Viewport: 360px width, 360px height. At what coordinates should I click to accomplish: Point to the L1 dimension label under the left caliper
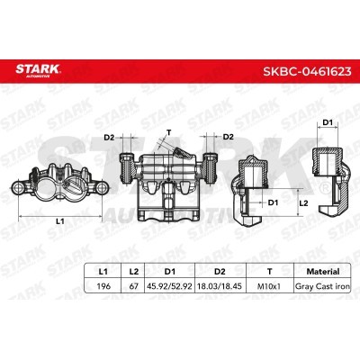(58, 220)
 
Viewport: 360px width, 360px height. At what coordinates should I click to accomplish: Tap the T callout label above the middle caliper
(168, 130)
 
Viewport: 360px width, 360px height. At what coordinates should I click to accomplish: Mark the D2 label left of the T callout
(109, 137)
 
